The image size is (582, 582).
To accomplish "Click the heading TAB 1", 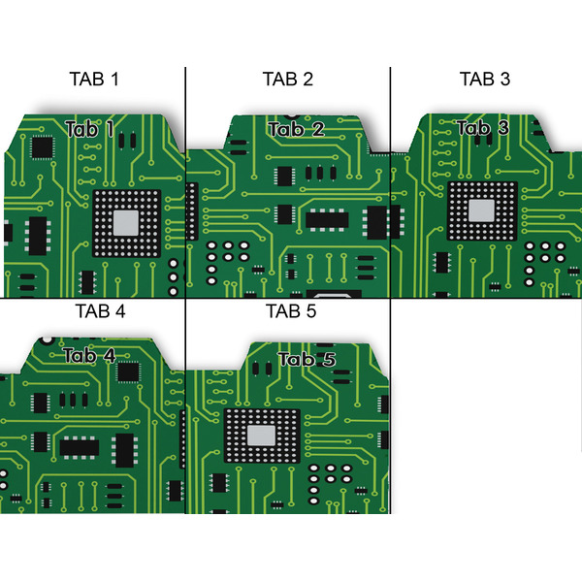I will tap(94, 79).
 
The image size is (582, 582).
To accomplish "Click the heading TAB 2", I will tap(287, 79).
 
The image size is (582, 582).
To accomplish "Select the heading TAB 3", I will tap(484, 79).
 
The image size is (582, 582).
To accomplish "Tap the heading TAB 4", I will tap(100, 311).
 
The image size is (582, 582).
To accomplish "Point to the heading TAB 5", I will tap(291, 311).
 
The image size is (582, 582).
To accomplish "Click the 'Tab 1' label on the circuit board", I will tap(90, 129).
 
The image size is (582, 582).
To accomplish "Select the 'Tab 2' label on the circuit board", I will tap(296, 130).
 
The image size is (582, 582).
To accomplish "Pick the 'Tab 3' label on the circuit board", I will tap(482, 128).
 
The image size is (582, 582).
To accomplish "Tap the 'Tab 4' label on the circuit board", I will tap(89, 356).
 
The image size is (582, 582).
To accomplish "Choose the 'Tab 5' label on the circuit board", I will tap(307, 360).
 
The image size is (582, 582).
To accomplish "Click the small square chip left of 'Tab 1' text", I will tap(42, 147).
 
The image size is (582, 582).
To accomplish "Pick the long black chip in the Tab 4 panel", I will tap(80, 446).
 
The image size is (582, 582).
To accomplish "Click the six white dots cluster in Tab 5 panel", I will tap(330, 475).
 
